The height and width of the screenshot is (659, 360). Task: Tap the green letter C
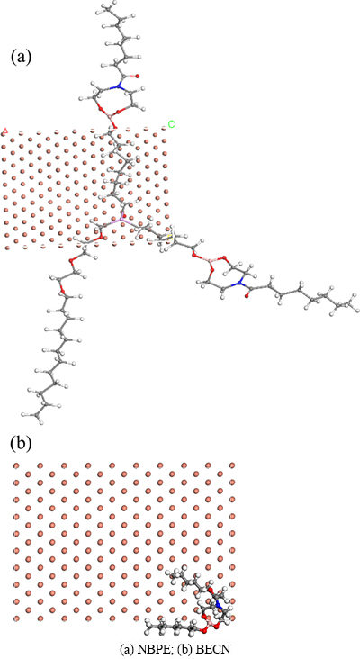coord(171,124)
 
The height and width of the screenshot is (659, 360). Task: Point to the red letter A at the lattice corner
coord(5,131)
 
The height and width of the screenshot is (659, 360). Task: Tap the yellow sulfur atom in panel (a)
coord(170,239)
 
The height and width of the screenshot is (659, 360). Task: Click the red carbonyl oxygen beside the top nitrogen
coord(137,77)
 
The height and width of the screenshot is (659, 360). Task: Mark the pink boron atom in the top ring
coord(108,115)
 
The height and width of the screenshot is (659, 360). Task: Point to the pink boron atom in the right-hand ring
coord(211,262)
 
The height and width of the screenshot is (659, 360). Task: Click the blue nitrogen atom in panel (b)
coord(219,605)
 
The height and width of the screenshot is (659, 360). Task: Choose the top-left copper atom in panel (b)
coord(17,465)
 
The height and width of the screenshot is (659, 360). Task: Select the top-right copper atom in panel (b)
coord(232,465)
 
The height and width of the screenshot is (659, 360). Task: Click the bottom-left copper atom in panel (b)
coord(17,618)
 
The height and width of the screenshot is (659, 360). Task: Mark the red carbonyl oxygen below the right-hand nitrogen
coord(247,296)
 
